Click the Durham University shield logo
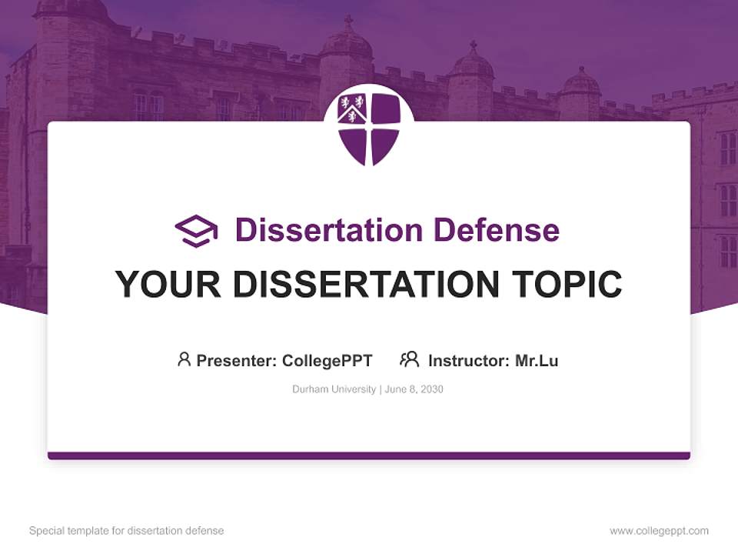tap(369, 128)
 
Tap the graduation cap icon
tap(196, 231)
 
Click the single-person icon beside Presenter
tap(184, 359)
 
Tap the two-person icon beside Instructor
tap(409, 359)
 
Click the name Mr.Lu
tap(537, 360)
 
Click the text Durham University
tap(334, 389)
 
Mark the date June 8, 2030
tap(414, 389)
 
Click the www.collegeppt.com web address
tap(659, 531)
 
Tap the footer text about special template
tap(127, 531)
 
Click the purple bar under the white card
tap(369, 456)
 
